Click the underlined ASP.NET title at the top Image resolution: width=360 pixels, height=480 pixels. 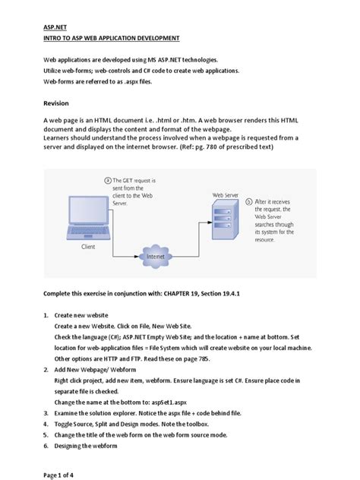coord(54,24)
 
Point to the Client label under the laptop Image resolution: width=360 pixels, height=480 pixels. coord(90,247)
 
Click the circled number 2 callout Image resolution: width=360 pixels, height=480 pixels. coord(108,180)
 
